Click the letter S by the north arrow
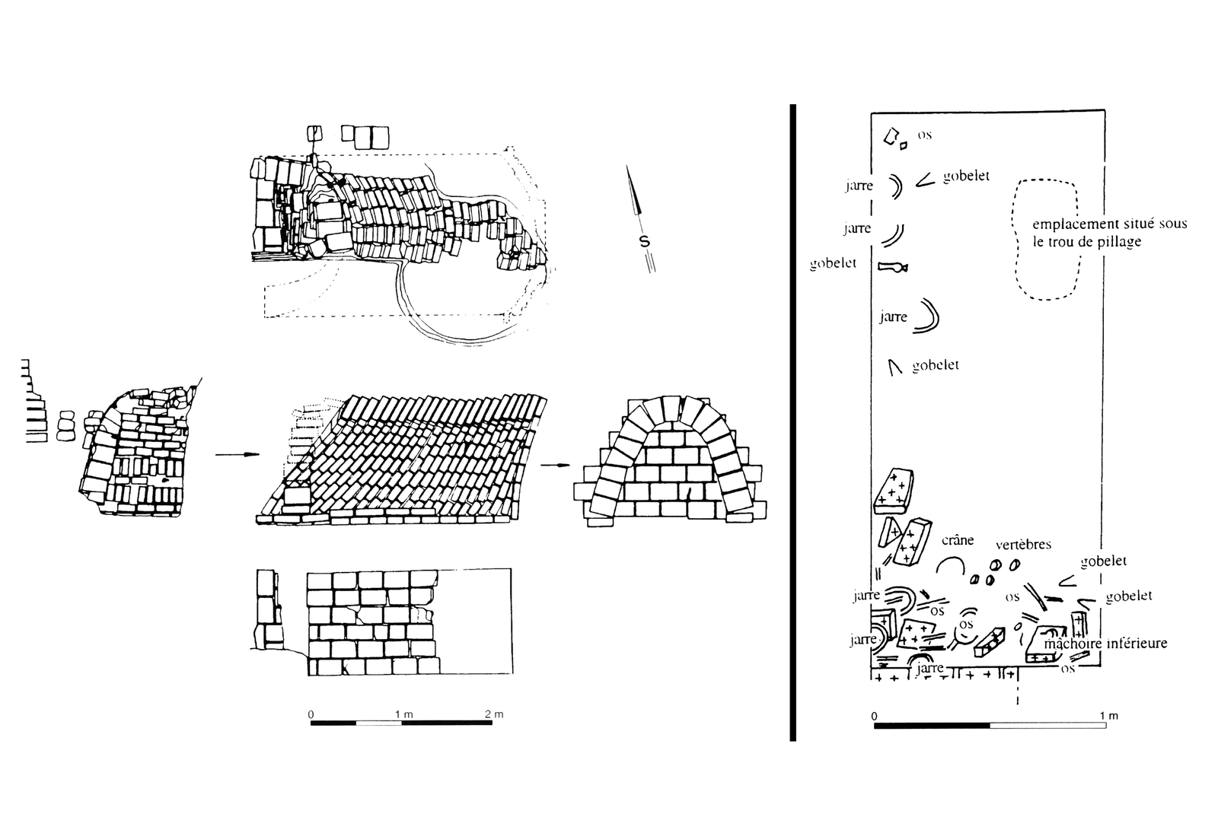click(x=644, y=242)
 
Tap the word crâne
click(x=957, y=540)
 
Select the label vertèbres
click(x=1023, y=545)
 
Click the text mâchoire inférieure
click(x=1105, y=644)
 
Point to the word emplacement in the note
click(x=1067, y=224)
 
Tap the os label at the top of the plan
click(x=924, y=135)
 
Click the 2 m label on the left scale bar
click(x=493, y=714)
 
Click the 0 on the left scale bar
click(x=311, y=714)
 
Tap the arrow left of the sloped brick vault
click(x=237, y=456)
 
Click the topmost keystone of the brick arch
click(x=671, y=406)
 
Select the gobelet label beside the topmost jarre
click(x=966, y=176)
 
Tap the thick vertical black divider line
click(x=792, y=422)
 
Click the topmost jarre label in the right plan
click(x=858, y=186)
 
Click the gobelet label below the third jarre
click(x=935, y=365)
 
